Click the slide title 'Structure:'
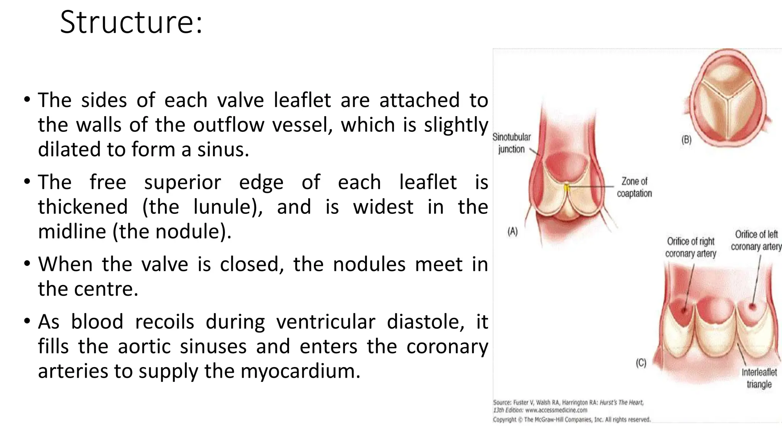131,22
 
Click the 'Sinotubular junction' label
512,143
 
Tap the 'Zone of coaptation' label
634,187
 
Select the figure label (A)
512,231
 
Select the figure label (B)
686,140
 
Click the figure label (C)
641,363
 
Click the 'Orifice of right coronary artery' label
690,247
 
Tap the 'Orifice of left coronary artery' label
756,240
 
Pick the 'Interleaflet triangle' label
759,378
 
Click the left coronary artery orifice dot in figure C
753,306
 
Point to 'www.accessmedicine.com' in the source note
556,410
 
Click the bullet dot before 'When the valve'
27,264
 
